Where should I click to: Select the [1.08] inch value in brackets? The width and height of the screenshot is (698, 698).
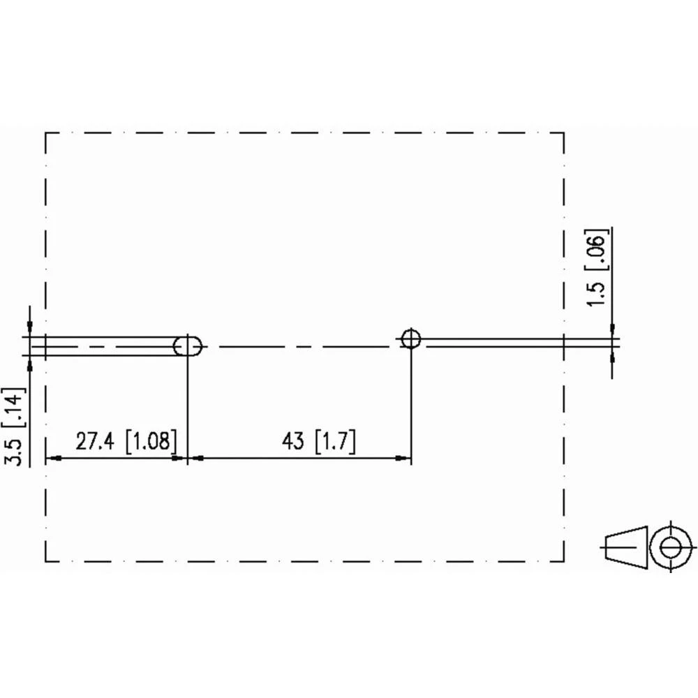click(x=151, y=443)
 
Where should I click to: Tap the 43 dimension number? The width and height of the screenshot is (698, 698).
click(x=294, y=443)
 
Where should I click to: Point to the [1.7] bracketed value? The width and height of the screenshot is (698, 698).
click(x=335, y=443)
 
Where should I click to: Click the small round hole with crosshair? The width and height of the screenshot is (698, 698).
click(x=411, y=339)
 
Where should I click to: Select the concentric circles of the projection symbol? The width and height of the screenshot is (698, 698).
click(x=671, y=546)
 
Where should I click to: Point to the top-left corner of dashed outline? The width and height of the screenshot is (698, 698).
click(x=46, y=133)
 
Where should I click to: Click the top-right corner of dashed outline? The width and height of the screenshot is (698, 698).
click(x=563, y=133)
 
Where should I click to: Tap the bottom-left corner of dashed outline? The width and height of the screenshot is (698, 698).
click(x=46, y=561)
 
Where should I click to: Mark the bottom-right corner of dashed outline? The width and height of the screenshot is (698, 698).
click(x=563, y=561)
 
